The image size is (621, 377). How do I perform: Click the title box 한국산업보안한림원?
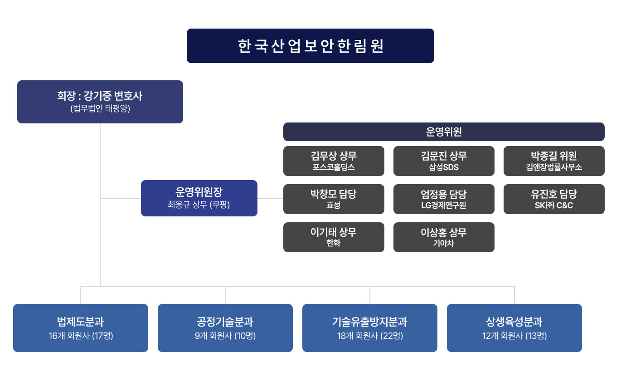310,46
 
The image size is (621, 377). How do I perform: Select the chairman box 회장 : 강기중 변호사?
100,102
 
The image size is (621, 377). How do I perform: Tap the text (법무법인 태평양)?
100,109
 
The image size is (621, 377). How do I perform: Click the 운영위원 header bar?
444,132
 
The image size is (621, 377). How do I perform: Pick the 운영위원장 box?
199,198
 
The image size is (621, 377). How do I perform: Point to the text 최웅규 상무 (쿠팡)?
199,205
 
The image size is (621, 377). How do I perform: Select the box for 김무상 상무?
334,161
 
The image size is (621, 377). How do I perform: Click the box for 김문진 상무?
444,161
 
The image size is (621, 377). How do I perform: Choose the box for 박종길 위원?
554,161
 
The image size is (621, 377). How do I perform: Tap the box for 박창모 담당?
334,199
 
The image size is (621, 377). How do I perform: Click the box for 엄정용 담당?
444,199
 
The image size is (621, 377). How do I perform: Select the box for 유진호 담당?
554,199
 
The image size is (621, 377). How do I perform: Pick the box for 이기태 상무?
334,237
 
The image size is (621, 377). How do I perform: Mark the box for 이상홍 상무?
444,237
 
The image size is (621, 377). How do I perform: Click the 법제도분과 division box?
81,328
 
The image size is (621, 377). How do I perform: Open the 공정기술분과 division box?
225,328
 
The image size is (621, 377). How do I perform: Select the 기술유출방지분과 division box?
370,328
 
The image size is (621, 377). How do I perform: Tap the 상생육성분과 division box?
514,328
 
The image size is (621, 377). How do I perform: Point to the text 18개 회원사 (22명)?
370,336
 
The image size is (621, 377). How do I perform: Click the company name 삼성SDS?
444,167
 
